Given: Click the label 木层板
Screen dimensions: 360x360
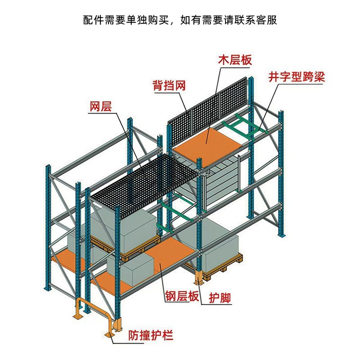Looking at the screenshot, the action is click(x=234, y=60).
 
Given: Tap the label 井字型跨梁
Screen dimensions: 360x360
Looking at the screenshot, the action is click(x=296, y=76).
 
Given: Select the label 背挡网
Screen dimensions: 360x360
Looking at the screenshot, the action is click(x=169, y=85).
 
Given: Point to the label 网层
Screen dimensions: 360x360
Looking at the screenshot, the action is click(x=100, y=107).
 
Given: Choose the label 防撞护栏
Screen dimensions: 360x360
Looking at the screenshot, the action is click(x=151, y=335).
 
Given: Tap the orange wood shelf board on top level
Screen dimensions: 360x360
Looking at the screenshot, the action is click(x=208, y=141).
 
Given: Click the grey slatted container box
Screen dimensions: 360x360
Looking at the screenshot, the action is click(x=220, y=180).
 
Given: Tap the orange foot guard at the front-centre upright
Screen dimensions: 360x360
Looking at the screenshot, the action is click(x=198, y=277).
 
